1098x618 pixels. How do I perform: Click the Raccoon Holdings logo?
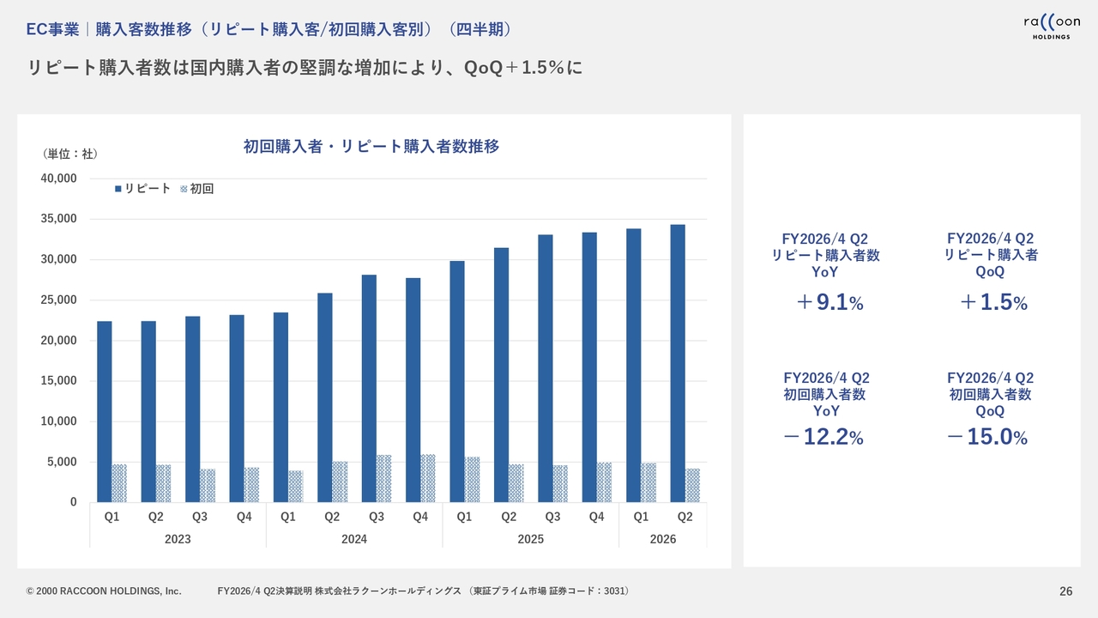[x=1051, y=27]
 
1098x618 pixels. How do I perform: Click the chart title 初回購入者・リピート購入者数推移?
[x=371, y=147]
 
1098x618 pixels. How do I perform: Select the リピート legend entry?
[x=143, y=189]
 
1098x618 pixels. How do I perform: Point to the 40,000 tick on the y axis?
[x=59, y=179]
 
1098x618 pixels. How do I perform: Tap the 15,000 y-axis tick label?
[x=59, y=381]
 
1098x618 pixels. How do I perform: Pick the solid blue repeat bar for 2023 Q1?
[x=105, y=411]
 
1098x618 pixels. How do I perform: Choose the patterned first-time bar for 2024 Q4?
[x=428, y=478]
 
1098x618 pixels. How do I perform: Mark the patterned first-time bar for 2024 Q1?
[x=296, y=486]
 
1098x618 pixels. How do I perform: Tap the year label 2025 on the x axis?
[x=530, y=539]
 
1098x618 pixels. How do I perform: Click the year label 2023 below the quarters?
[x=178, y=539]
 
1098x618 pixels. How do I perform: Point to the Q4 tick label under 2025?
[x=596, y=517]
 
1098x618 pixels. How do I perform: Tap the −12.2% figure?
[x=823, y=438]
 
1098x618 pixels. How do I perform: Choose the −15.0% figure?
[x=987, y=438]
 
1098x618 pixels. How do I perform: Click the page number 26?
[x=1066, y=591]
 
